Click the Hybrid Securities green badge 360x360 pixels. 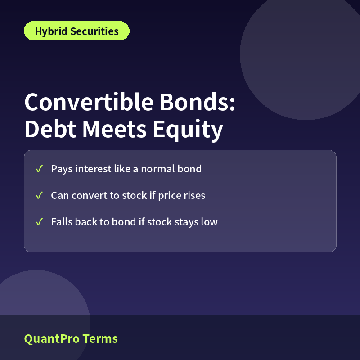tap(76, 31)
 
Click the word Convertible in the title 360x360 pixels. tap(89, 102)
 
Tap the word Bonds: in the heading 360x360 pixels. tap(198, 102)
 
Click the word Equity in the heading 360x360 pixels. tap(188, 130)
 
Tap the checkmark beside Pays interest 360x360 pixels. tap(39, 169)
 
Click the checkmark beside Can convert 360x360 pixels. tap(39, 196)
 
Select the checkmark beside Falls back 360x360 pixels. tap(39, 222)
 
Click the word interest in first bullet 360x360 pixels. tap(94, 169)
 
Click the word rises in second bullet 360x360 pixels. tap(195, 196)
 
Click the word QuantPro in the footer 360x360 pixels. tap(52, 339)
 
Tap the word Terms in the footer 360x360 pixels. tap(100, 339)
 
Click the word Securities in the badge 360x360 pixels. tap(94, 31)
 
